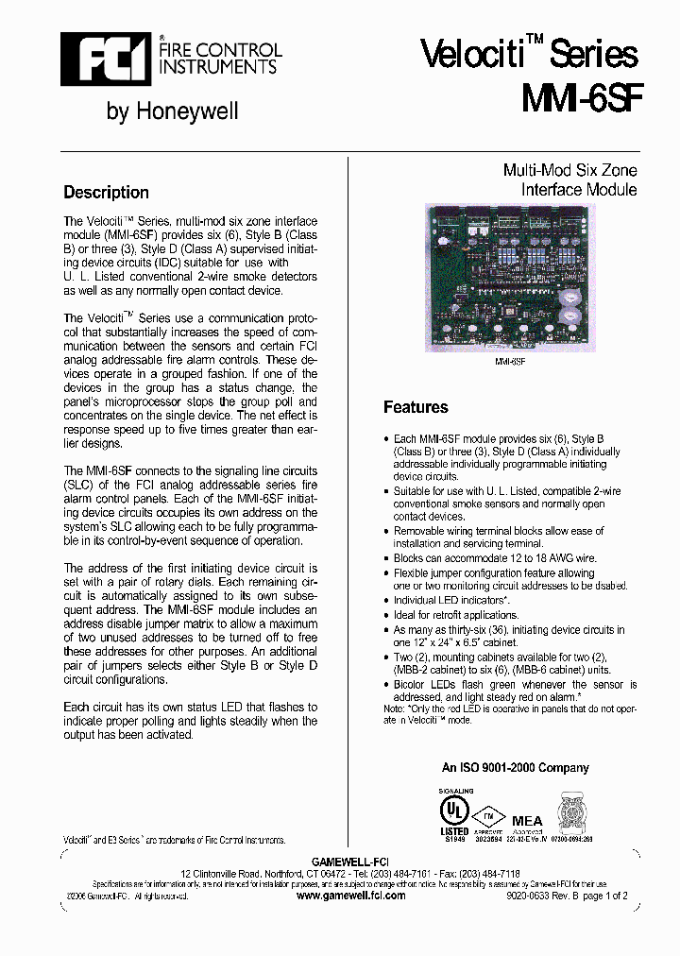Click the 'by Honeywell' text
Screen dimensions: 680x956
tap(172, 111)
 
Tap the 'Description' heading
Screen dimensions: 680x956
tap(106, 193)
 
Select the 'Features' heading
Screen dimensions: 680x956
tap(416, 407)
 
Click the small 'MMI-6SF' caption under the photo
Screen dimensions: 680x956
tap(510, 361)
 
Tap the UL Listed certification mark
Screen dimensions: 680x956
tap(454, 811)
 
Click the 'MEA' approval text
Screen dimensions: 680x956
tap(527, 820)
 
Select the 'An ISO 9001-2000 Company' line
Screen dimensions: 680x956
tap(515, 768)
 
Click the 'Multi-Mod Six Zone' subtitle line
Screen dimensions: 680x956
tap(569, 171)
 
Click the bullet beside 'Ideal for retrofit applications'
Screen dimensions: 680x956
tap(387, 615)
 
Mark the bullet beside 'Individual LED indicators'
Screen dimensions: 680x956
tap(387, 601)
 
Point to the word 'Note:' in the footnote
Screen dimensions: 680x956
tap(395, 708)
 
